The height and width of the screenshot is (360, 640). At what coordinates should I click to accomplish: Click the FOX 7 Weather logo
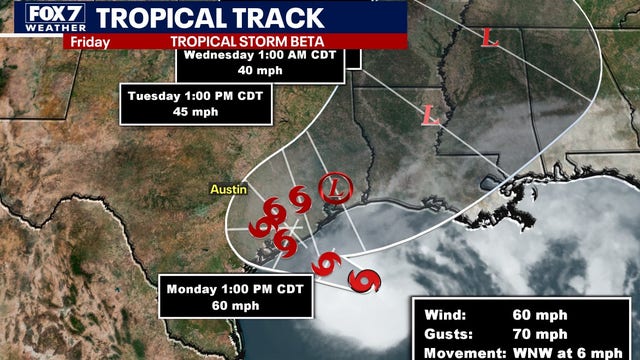35,18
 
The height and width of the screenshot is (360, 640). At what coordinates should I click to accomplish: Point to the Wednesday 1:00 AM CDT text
269,56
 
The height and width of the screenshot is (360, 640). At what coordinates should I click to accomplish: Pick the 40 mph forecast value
269,73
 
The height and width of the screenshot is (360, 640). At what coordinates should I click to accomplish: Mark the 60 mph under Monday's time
226,305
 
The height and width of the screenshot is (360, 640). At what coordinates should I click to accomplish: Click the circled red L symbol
333,187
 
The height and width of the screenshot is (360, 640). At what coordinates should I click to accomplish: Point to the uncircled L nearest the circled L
431,115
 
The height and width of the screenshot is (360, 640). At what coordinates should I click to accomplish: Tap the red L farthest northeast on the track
489,38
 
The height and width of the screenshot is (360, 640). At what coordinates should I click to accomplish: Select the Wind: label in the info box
440,313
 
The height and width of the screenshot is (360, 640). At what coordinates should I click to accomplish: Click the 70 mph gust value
546,333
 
